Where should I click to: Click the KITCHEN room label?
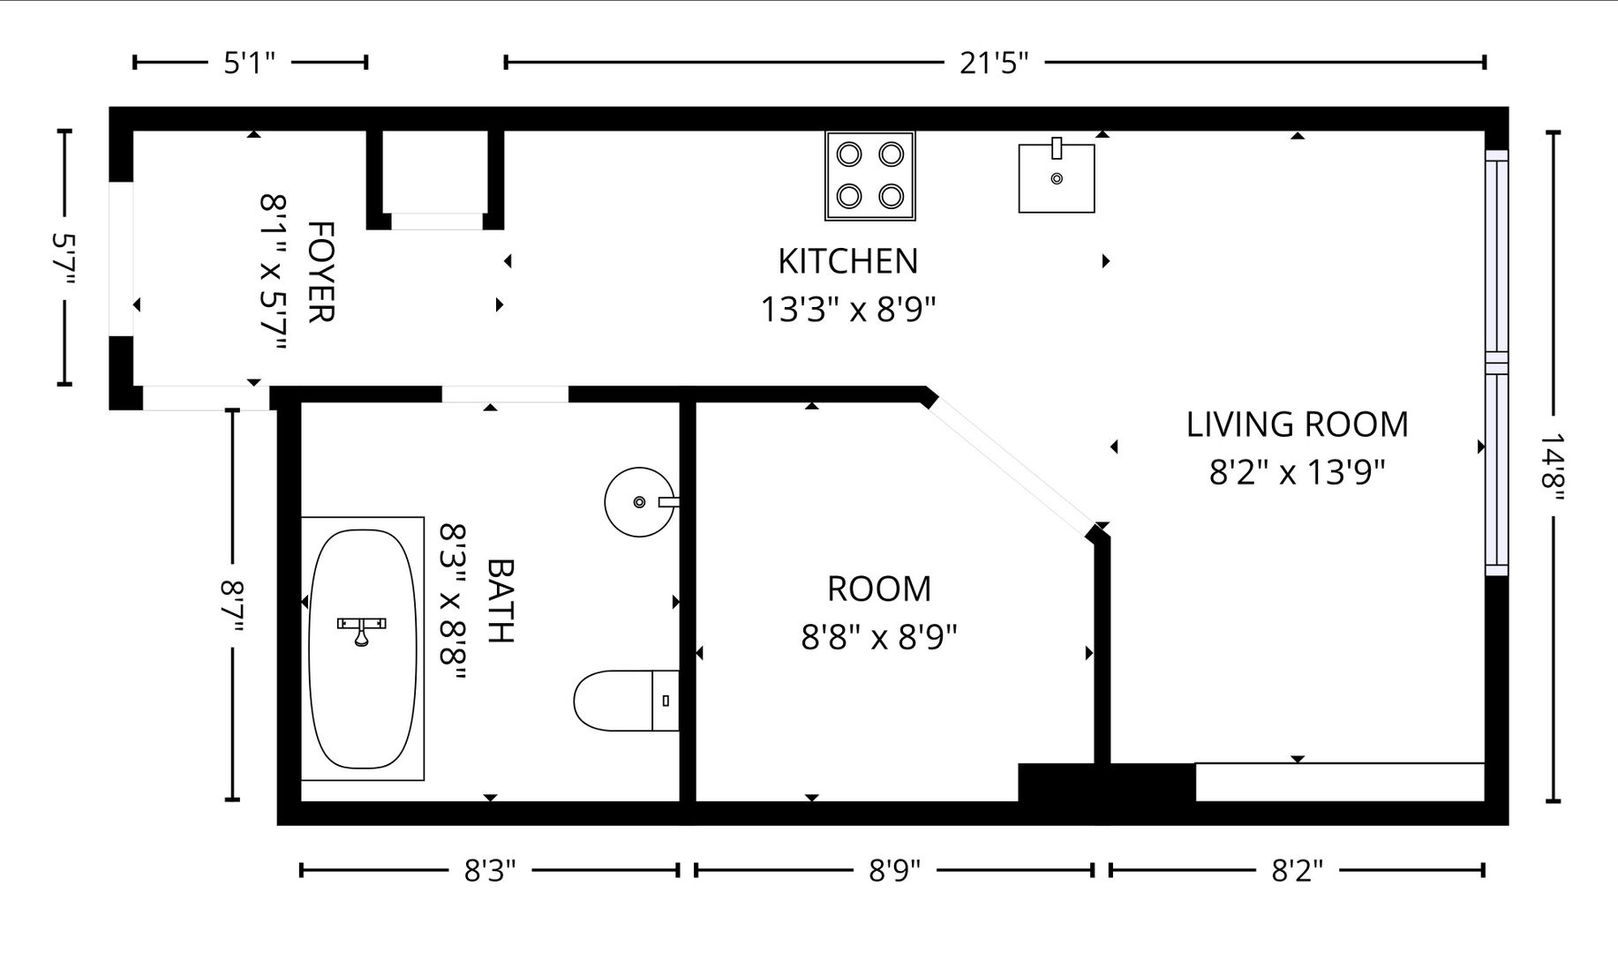[847, 261]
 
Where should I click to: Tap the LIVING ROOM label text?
[1297, 424]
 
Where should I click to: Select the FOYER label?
[320, 272]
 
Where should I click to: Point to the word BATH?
[500, 601]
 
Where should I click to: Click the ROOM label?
[879, 589]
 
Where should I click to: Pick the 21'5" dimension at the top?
[994, 63]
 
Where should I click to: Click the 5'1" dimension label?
[250, 63]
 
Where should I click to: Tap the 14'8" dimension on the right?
[1553, 467]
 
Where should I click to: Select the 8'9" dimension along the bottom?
[894, 871]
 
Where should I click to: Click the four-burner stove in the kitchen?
[870, 176]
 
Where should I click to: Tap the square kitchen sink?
[1057, 176]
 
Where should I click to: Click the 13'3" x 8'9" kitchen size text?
[848, 310]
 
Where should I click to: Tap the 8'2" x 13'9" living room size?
[1297, 473]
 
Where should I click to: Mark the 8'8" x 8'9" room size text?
[879, 636]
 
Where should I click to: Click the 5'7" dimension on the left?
[64, 258]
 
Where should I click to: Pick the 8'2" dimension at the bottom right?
[1297, 871]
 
